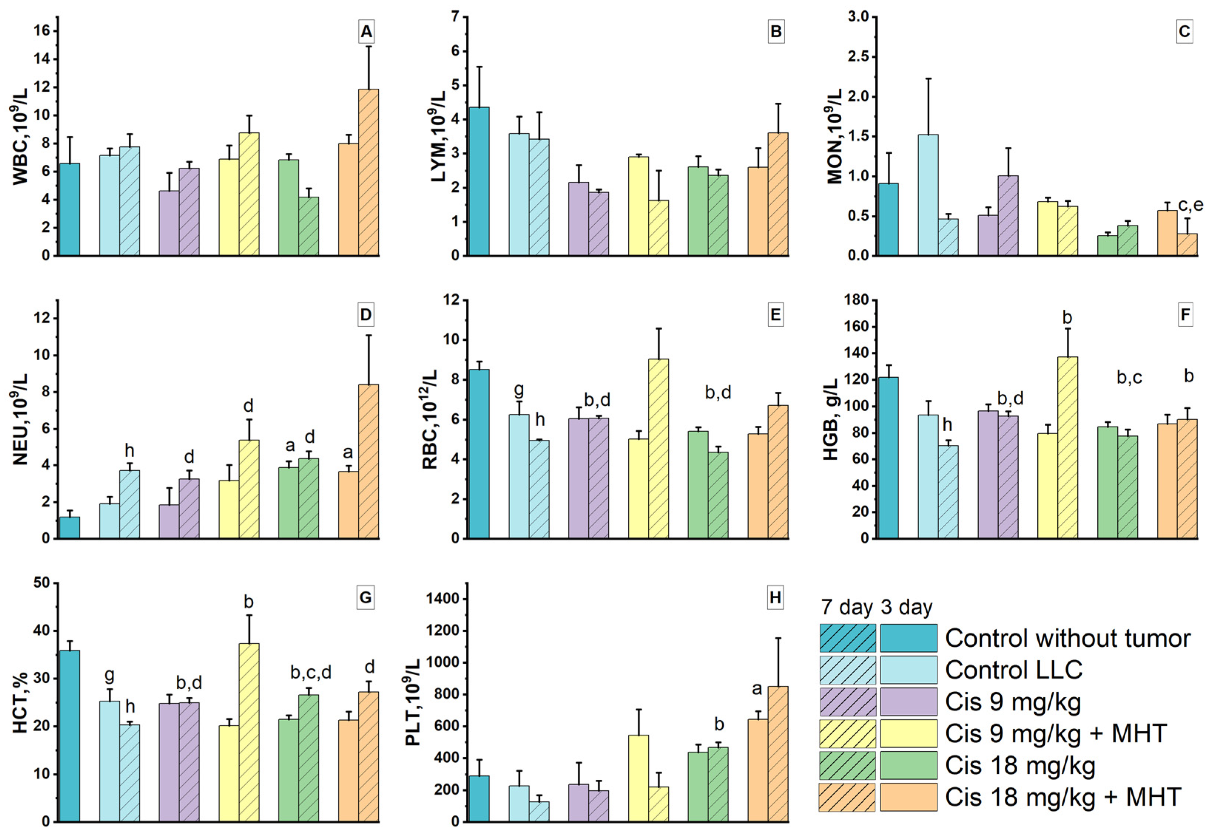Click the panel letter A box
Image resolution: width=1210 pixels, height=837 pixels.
point(366,32)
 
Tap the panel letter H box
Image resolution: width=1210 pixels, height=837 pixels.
point(775,598)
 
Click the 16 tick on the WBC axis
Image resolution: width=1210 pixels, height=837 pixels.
point(43,31)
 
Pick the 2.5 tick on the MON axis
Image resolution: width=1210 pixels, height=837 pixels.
point(856,57)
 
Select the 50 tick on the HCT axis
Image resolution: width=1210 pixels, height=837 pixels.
point(43,583)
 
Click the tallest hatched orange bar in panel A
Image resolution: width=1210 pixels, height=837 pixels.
point(368,173)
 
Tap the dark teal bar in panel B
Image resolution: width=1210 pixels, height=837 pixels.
point(479,181)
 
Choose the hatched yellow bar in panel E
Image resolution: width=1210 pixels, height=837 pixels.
point(659,449)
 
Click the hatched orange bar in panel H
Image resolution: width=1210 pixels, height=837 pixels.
point(778,754)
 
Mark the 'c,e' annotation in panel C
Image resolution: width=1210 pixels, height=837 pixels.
point(1191,205)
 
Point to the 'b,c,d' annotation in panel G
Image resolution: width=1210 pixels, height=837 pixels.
point(311,672)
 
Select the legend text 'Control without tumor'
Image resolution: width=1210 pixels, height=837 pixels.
point(1068,638)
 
